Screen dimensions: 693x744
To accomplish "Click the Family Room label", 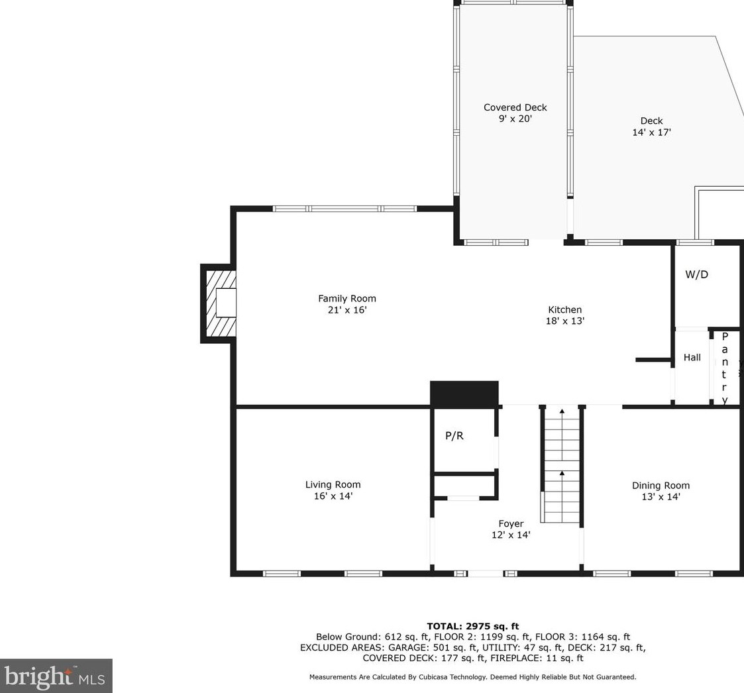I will click(346, 299).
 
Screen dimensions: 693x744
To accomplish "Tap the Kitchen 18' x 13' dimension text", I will click(564, 321).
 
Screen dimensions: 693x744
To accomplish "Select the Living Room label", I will click(333, 485).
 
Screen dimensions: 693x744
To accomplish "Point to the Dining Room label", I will click(661, 486).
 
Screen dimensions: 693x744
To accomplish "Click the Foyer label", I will click(511, 524).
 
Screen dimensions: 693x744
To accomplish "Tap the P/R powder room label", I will click(454, 436).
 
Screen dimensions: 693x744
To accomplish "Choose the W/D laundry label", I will click(696, 275).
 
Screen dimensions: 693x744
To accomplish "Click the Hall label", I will click(692, 358).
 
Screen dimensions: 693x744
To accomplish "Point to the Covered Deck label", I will click(515, 108).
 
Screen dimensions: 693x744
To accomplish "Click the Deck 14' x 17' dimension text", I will click(651, 133).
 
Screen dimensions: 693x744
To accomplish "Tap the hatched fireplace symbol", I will click(220, 304).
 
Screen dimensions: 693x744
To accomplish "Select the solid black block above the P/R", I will click(464, 394).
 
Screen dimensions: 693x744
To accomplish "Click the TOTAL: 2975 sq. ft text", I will click(472, 626).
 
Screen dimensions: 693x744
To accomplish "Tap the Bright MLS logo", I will click(56, 676).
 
